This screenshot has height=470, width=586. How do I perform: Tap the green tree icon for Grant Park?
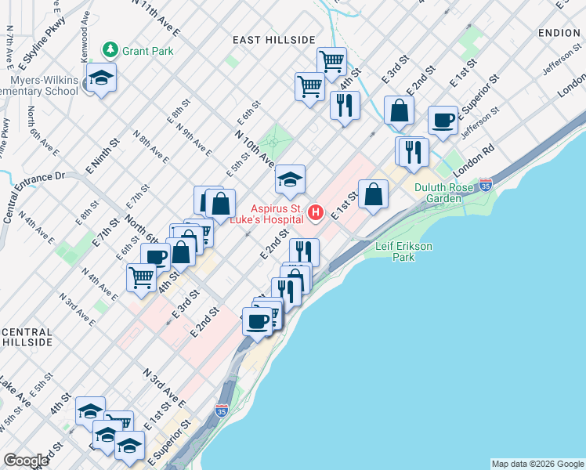[111, 51]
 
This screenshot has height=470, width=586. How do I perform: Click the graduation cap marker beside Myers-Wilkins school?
[101, 78]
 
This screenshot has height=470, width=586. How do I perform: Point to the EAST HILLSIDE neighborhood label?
[273, 40]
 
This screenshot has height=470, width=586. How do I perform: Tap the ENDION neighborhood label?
[559, 33]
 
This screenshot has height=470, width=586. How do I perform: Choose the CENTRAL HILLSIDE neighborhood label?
[27, 338]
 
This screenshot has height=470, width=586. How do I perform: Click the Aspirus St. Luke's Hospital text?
[277, 215]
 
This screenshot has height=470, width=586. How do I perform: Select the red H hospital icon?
[316, 211]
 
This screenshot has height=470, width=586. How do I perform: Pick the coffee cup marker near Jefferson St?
[443, 121]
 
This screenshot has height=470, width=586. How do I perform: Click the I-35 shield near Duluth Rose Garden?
[486, 186]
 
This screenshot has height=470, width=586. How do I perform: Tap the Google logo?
[27, 461]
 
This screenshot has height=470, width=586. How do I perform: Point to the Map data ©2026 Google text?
[537, 464]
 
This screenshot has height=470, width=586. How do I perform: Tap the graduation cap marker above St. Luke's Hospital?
[290, 180]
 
